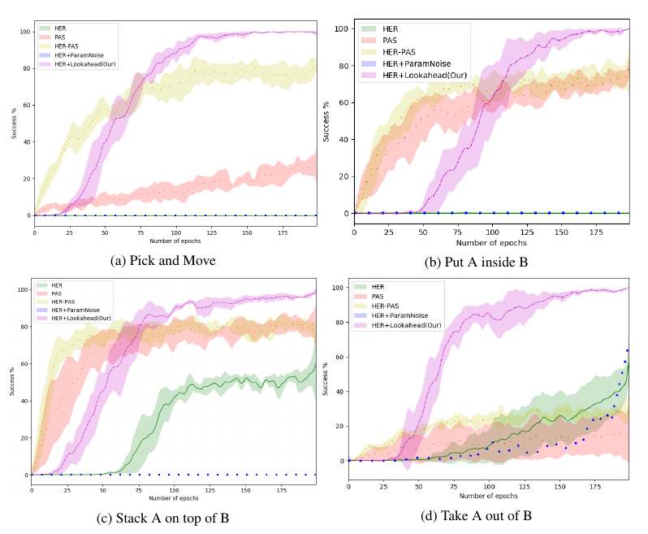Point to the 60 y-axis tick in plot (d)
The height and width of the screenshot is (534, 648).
tap(337, 357)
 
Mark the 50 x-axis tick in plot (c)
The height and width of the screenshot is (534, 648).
tap(102, 490)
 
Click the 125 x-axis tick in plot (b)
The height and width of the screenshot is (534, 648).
tap(525, 232)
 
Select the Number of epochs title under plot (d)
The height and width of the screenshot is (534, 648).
tap(488, 494)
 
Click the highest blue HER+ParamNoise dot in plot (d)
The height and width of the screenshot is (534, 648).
tap(627, 350)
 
